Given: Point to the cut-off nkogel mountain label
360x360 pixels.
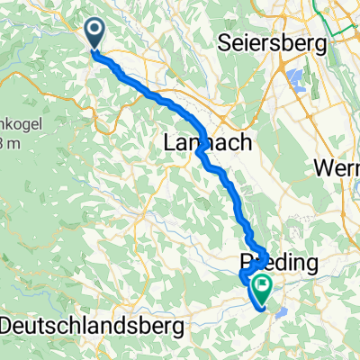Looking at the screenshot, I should click(18, 123).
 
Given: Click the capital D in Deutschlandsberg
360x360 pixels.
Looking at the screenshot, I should click(9, 323).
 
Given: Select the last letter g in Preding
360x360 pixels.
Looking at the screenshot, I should click(313, 265).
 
